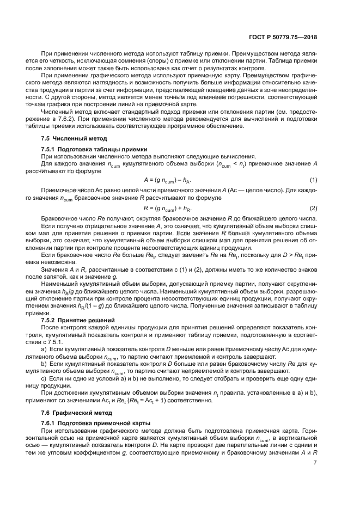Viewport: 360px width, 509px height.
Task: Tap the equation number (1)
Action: click(313, 180)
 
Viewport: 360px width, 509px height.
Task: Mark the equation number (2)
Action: click(313, 208)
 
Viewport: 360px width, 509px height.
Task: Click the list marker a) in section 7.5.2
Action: click(45, 347)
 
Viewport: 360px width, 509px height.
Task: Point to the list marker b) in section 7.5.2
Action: click(45, 363)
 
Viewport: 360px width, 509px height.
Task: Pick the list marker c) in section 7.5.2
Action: click(45, 378)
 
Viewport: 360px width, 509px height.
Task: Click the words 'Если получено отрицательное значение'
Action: click(90, 225)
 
